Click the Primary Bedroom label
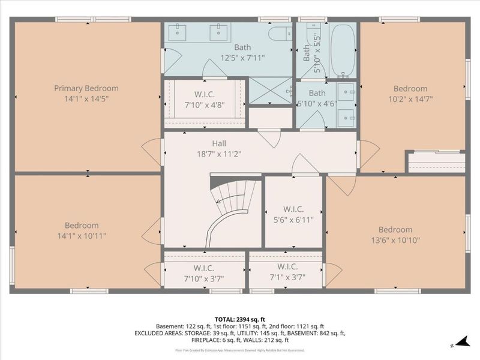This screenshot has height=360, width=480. [x=86, y=88]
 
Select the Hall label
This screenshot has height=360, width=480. [x=219, y=143]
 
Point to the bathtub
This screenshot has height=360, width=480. [x=343, y=50]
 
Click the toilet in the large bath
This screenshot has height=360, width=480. [x=280, y=33]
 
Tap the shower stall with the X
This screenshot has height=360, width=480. [x=270, y=91]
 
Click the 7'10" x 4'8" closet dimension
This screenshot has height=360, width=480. [x=205, y=106]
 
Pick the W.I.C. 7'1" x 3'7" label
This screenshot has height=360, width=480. [x=287, y=277]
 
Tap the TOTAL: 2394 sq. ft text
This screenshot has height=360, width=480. [x=240, y=319]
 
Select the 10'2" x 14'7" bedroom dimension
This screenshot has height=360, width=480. [x=411, y=99]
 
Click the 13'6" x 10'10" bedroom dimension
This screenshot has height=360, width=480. [x=395, y=240]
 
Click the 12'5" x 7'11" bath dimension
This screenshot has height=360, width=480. [x=242, y=58]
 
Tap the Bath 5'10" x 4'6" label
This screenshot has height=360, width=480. [x=317, y=98]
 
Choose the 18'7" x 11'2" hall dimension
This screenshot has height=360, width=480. [x=219, y=154]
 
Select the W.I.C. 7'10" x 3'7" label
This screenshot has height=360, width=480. [x=204, y=277]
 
